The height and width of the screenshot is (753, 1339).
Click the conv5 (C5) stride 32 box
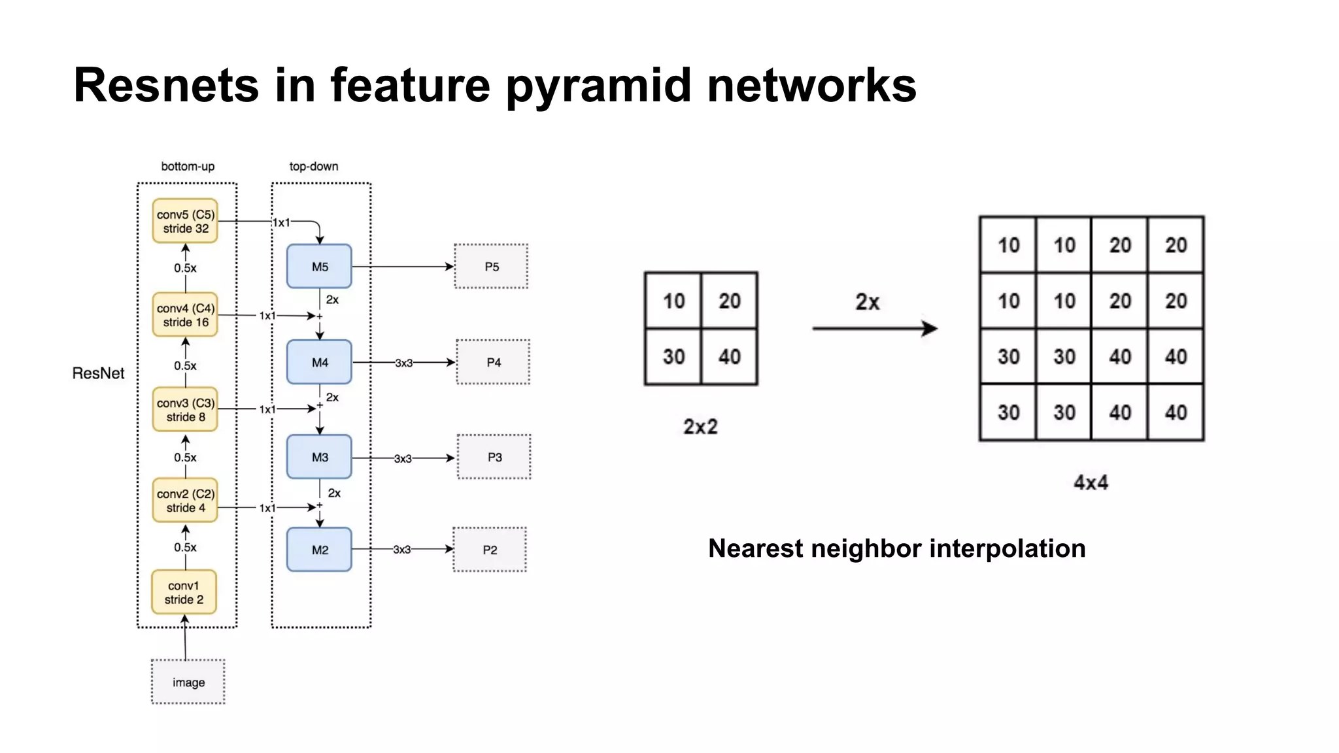[185, 221]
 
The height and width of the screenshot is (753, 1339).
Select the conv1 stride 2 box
[184, 592]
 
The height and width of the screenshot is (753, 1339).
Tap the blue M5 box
[319, 267]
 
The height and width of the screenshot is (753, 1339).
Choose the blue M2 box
[319, 550]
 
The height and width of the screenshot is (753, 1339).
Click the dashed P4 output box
[493, 362]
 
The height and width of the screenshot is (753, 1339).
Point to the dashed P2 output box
[490, 550]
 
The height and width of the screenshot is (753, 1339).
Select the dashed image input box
[188, 682]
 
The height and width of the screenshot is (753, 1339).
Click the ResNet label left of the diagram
[98, 373]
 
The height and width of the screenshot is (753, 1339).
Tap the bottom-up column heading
[188, 167]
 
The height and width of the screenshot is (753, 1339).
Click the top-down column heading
[314, 167]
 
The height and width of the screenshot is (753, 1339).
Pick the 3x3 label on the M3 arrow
[403, 459]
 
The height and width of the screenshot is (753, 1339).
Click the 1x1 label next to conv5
[281, 223]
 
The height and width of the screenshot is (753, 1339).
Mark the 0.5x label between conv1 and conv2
[185, 547]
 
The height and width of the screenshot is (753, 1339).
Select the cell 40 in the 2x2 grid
[729, 357]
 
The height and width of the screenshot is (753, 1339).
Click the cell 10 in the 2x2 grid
[673, 301]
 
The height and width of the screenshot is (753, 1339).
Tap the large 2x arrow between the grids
[874, 328]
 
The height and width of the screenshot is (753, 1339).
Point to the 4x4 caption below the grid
[1091, 483]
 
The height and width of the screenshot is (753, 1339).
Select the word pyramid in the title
[598, 86]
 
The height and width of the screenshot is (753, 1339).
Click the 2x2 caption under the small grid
[700, 427]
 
